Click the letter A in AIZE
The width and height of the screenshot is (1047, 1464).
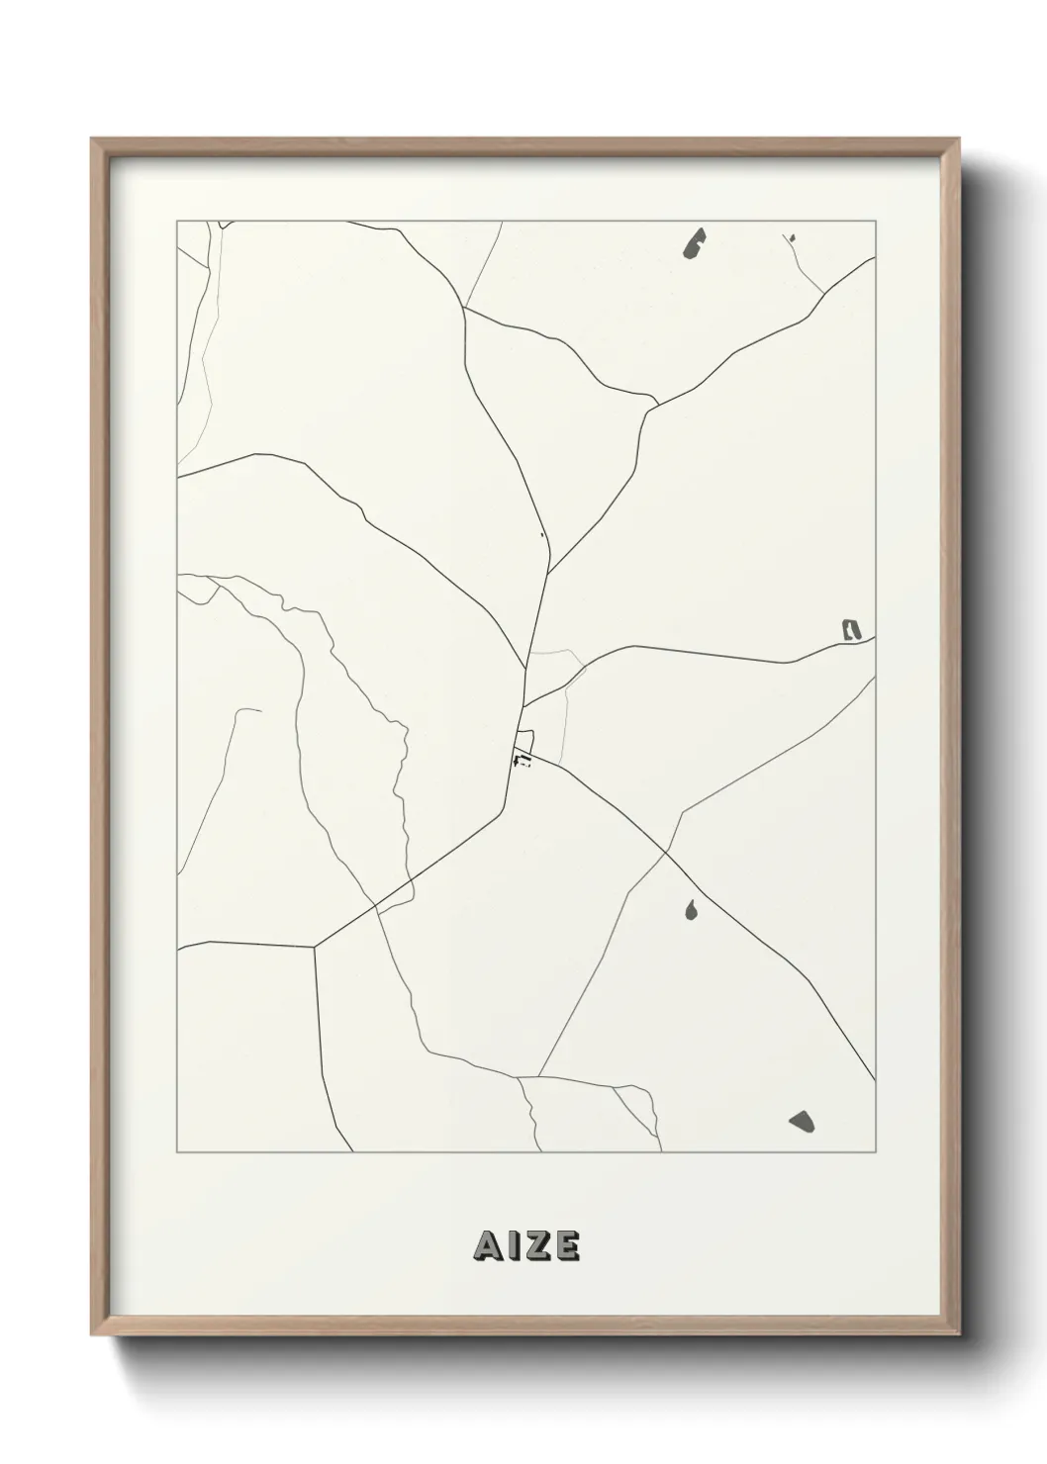pos(487,1246)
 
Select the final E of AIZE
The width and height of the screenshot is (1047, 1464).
pos(566,1246)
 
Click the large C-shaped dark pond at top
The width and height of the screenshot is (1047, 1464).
pos(695,243)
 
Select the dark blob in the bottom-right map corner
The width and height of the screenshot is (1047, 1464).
pos(803,1121)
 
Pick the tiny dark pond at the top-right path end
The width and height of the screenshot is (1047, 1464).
pos(793,237)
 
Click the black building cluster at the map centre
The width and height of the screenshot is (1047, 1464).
pos(522,760)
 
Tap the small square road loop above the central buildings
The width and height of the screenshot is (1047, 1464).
pos(524,740)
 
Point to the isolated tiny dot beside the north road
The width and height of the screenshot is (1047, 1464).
pos(542,535)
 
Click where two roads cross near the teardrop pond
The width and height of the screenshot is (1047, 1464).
pos(666,852)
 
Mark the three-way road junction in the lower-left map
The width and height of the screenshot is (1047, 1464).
pos(315,947)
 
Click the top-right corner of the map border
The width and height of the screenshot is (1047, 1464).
pos(876,222)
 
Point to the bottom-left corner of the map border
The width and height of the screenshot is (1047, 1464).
pos(177,1152)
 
